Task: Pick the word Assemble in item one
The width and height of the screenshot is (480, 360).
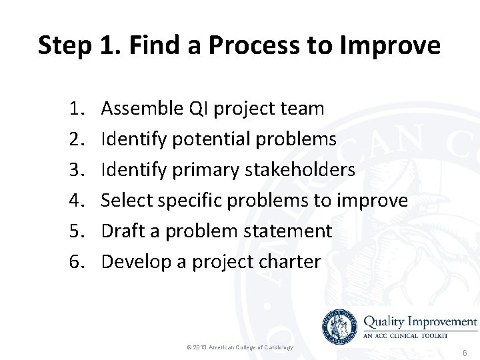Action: [x=142, y=108]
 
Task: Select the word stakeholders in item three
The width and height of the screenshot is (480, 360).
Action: [x=300, y=169]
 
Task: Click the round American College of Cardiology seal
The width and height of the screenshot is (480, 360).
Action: [x=339, y=327]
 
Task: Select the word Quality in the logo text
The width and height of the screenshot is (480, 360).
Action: [x=387, y=321]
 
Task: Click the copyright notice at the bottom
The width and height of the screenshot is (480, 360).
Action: [x=239, y=347]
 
